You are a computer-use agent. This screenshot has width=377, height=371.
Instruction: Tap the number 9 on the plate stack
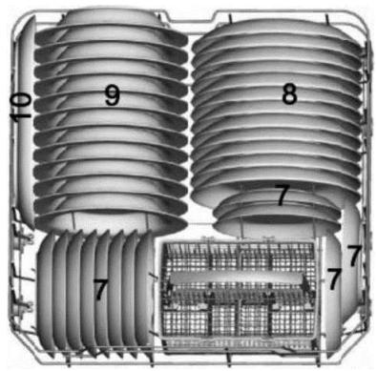click(112, 93)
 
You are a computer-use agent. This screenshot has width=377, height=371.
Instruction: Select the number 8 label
click(288, 93)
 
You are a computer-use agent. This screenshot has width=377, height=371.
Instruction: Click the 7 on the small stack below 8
click(282, 196)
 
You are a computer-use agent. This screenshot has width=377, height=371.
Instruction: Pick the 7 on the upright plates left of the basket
click(99, 289)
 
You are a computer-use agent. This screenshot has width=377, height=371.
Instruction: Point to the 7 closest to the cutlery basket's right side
click(334, 279)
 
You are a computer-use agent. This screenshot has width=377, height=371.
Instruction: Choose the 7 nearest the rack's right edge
click(354, 256)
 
